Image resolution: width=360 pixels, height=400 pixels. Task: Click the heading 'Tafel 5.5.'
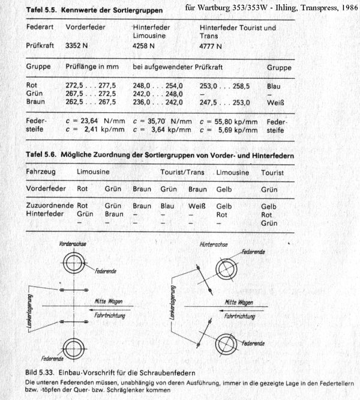tap(41, 10)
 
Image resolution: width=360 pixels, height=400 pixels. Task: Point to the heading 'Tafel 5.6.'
tap(41, 156)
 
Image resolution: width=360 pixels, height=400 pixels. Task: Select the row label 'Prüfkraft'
tap(40, 46)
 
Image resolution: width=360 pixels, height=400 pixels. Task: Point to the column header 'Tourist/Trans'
tap(182, 172)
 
